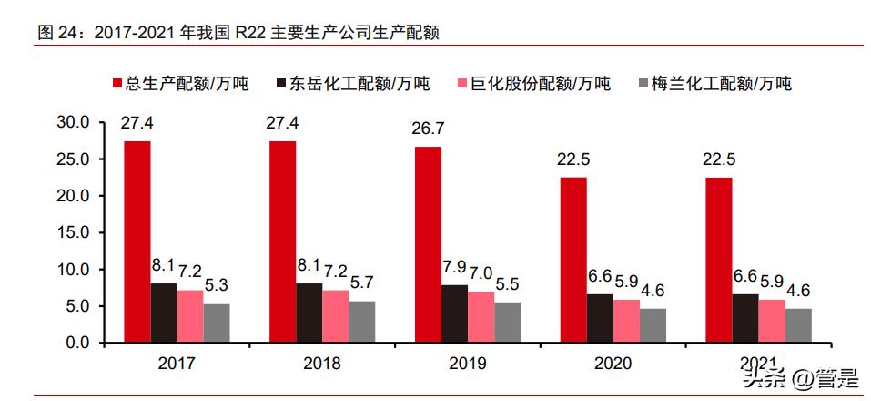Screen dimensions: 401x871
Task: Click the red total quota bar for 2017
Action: click(x=137, y=242)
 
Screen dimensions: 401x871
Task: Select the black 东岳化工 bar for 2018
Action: click(x=309, y=313)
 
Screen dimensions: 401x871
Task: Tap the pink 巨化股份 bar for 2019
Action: click(x=481, y=317)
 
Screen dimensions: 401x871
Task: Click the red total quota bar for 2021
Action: click(x=718, y=260)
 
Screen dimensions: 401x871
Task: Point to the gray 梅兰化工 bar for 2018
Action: click(x=362, y=322)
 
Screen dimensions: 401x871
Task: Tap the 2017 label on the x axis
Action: click(x=177, y=364)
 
